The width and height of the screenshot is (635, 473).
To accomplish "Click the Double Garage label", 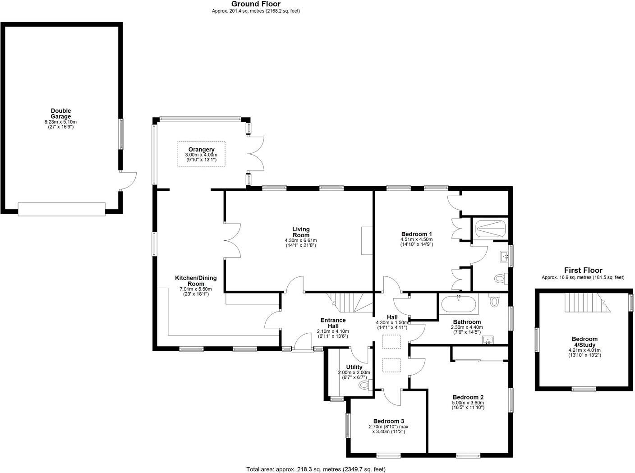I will (x=61, y=114).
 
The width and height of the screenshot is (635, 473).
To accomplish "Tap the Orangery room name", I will (x=201, y=149).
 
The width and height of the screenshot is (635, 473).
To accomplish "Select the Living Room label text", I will (x=301, y=232).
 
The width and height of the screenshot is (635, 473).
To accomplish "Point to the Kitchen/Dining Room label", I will (x=196, y=280).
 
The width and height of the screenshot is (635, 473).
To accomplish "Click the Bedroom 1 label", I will (x=417, y=234).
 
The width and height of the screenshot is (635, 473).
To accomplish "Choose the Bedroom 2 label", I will (x=468, y=397).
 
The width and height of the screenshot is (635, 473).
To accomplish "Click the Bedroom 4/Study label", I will (x=584, y=342).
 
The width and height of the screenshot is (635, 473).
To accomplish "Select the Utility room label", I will (x=354, y=367).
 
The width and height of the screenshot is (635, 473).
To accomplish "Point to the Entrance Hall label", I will (x=333, y=323).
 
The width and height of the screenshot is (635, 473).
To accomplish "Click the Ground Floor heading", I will (x=256, y=4).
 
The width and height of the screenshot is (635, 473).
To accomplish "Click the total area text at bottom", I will (x=316, y=469).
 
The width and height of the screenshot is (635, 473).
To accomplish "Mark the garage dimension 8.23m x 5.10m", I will (x=61, y=122).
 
